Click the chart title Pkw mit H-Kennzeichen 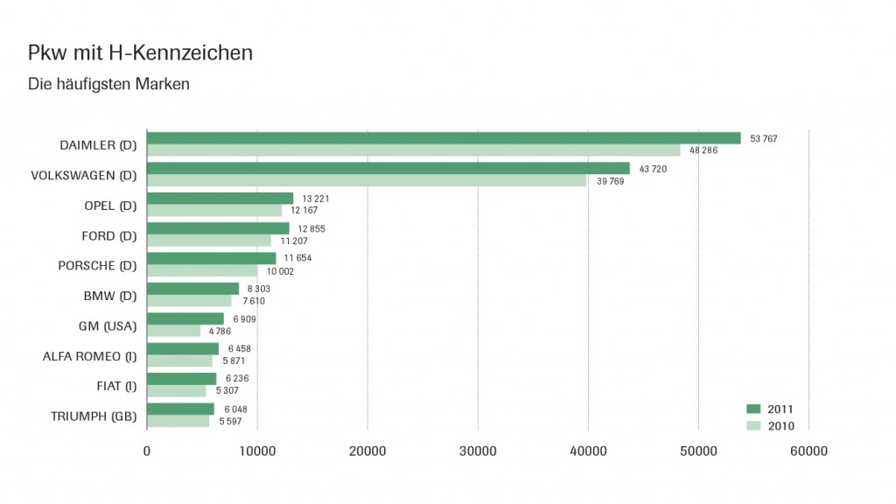(x=140, y=52)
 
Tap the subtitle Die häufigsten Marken (x=108, y=85)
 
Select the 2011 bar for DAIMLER (x=444, y=138)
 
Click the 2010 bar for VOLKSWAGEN (x=367, y=181)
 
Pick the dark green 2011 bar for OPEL (x=220, y=199)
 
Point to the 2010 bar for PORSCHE (x=202, y=271)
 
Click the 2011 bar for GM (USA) (x=185, y=318)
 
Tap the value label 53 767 (x=764, y=138)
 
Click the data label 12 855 (x=311, y=228)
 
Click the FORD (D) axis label (x=109, y=234)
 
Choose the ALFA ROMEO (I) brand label (x=89, y=355)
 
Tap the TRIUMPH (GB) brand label (x=94, y=416)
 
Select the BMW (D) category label (x=109, y=295)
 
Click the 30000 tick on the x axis (x=478, y=451)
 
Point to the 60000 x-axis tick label (x=808, y=451)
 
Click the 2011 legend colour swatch (x=752, y=409)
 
